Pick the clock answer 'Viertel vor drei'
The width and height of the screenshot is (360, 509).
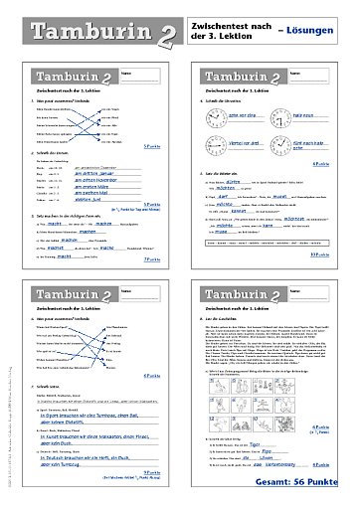pyautogui.click(x=235, y=143)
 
